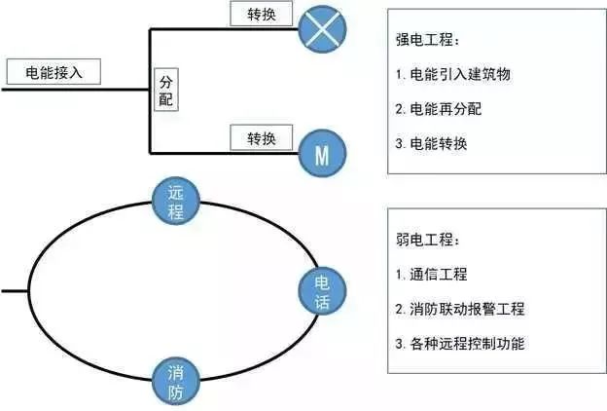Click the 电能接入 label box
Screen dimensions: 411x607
tap(53, 72)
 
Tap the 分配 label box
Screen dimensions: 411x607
tap(167, 90)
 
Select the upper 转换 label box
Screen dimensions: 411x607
tap(260, 15)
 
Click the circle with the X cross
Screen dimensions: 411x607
tap(323, 29)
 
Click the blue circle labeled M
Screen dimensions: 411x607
tap(322, 152)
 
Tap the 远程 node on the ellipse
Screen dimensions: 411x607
tap(176, 203)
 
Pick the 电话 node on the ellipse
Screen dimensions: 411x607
tap(322, 291)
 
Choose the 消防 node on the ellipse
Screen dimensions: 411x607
tap(176, 381)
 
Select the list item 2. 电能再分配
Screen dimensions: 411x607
tap(439, 109)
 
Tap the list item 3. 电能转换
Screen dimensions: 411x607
tap(432, 144)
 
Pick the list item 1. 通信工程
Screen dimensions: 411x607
tap(432, 275)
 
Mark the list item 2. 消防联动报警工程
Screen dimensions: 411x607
tap(460, 309)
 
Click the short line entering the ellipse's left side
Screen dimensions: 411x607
tap(14, 291)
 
